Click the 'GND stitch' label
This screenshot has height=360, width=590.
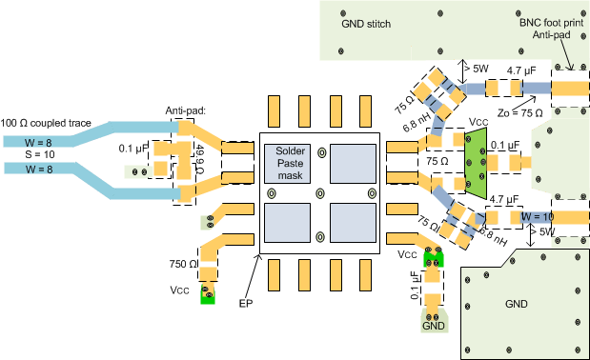coord(366,21)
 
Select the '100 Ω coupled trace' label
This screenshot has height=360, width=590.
coord(48,124)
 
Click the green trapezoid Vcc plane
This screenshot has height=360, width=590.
coord(477,163)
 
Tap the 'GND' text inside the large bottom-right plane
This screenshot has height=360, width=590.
coord(515,304)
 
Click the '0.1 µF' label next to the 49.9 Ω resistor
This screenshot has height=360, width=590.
coord(134,150)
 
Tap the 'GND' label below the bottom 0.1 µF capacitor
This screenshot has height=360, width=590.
coord(434,326)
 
